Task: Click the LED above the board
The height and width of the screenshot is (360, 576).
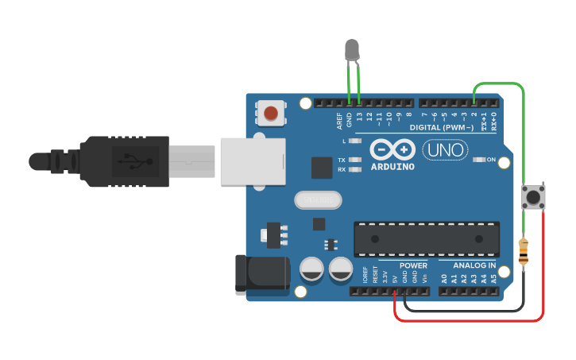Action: (354, 50)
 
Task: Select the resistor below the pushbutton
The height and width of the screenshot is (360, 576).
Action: (524, 252)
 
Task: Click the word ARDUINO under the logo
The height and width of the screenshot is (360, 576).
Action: (392, 167)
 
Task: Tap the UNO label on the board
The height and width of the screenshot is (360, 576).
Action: (443, 149)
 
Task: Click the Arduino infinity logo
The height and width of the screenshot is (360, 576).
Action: (392, 150)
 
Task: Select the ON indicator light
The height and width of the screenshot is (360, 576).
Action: (479, 160)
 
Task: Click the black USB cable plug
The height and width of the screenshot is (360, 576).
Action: (127, 161)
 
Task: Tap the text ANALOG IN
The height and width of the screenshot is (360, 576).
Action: (474, 265)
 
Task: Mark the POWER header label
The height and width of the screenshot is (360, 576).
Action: (413, 265)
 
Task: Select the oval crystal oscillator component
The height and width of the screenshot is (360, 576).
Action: (316, 200)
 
